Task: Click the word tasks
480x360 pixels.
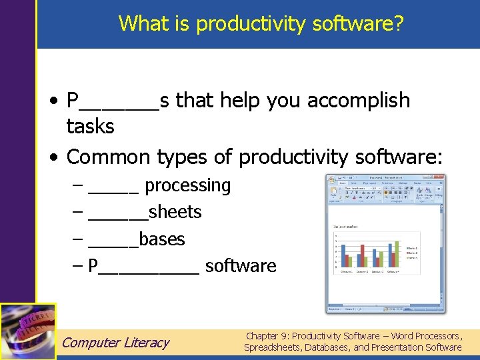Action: point(91,126)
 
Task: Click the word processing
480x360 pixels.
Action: point(187,185)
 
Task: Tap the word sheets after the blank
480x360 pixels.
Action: point(175,212)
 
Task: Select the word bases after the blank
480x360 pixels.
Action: point(161,239)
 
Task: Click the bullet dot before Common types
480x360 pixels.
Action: point(55,158)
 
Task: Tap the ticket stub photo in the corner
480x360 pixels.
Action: point(28,331)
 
